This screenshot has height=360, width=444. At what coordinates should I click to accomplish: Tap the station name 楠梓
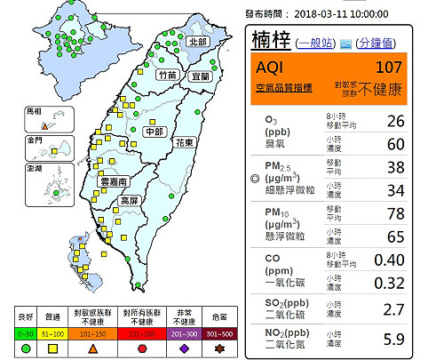click(273, 41)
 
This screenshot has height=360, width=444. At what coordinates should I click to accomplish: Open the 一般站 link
click(317, 43)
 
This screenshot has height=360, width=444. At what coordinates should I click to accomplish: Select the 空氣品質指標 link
click(281, 87)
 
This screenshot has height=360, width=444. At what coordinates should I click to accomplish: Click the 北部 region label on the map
click(197, 42)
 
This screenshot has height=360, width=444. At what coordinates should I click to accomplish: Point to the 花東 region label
click(185, 142)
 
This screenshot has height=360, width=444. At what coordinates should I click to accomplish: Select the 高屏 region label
click(130, 201)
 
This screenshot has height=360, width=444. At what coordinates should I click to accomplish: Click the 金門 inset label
click(35, 140)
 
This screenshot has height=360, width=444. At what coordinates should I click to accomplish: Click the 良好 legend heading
click(27, 317)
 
